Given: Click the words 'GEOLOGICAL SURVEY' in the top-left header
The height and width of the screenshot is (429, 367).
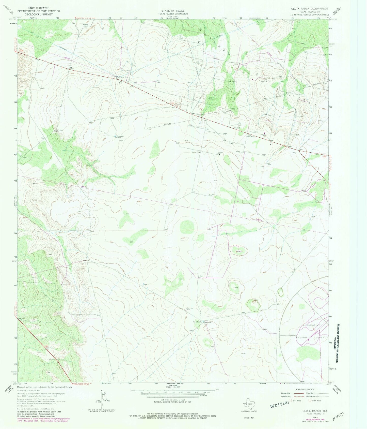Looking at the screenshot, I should tap(41, 14).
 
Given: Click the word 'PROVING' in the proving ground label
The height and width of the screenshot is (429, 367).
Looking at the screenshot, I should tap(302, 338).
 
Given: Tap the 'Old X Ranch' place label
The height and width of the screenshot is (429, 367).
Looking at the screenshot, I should tap(197, 322).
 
